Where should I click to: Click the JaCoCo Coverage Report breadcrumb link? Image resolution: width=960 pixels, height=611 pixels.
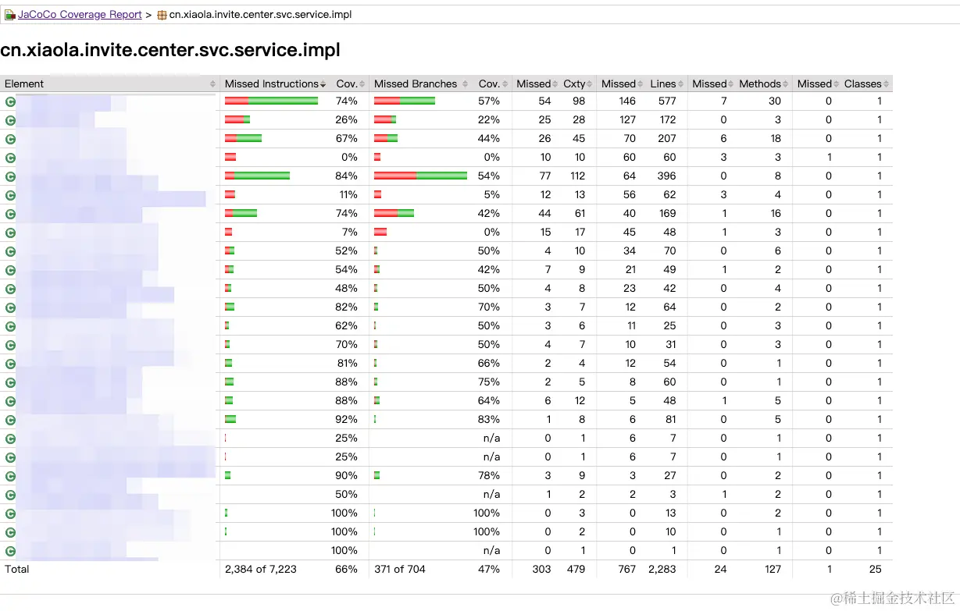[x=80, y=15]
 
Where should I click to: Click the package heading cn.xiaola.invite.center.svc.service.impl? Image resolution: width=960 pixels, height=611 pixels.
[x=170, y=51]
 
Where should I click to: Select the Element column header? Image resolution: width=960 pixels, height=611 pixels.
[x=24, y=83]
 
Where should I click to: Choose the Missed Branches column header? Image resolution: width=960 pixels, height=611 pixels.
[x=416, y=83]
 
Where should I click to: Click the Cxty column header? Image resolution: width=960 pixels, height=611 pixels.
[x=573, y=83]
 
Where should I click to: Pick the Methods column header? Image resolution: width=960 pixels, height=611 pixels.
[x=759, y=83]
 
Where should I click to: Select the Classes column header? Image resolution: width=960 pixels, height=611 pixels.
[x=862, y=83]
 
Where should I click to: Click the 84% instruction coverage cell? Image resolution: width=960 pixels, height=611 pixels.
[x=347, y=176]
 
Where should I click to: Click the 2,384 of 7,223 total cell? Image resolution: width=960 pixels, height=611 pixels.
[x=261, y=569]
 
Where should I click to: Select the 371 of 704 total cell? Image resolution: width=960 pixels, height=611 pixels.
[x=400, y=569]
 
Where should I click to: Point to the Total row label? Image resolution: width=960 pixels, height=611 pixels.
[x=17, y=569]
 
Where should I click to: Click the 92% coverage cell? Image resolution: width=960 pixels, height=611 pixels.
[x=347, y=419]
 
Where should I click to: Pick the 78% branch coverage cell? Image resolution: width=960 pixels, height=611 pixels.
[x=489, y=475]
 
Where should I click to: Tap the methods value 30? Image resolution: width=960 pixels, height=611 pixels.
[x=774, y=101]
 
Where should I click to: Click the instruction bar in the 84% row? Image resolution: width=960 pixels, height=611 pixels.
[x=257, y=176]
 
